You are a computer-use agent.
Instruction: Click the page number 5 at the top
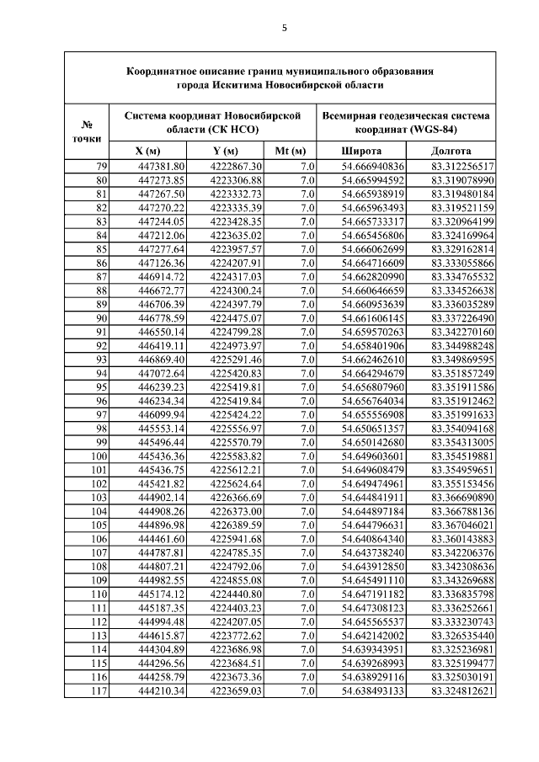click(284, 28)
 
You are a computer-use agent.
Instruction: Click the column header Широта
click(360, 151)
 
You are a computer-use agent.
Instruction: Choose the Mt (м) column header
click(290, 151)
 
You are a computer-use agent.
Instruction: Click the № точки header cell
click(88, 130)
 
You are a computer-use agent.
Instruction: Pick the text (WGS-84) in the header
click(435, 130)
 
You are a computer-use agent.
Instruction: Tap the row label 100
click(99, 456)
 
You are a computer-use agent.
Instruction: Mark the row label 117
click(99, 690)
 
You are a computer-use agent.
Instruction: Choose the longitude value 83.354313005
click(462, 442)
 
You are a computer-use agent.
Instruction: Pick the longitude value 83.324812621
click(462, 690)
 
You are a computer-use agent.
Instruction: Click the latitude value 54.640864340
click(373, 538)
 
